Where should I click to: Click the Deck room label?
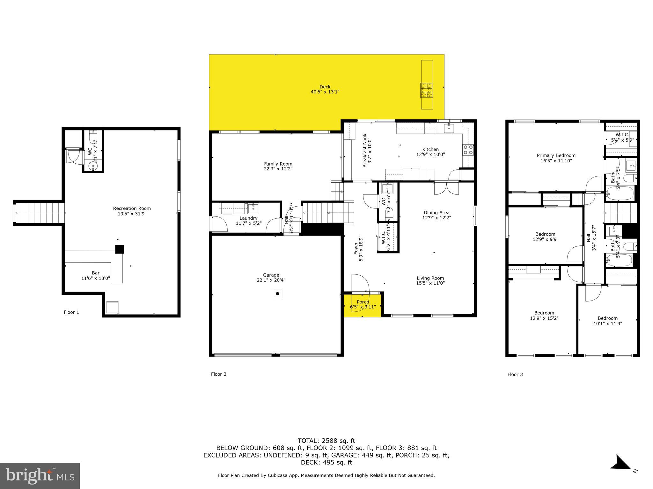[325, 87]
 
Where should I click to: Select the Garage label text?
[271, 275]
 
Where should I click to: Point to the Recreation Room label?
[132, 209]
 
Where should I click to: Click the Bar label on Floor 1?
[96, 273]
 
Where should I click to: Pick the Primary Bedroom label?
[556, 155]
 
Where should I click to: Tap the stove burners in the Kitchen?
[468, 150]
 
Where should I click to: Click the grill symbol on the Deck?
[426, 90]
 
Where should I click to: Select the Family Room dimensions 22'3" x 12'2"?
[278, 169]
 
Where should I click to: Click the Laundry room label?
[248, 218]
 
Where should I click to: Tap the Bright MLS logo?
[40, 476]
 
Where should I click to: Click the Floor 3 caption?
[515, 374]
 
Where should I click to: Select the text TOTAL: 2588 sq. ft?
[326, 441]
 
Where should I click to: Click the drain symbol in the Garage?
[277, 294]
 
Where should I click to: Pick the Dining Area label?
[437, 213]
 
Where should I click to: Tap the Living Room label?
[430, 278]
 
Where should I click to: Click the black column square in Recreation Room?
[120, 249]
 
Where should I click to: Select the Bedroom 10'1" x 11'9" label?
[607, 321]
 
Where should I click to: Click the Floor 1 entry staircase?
[39, 213]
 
